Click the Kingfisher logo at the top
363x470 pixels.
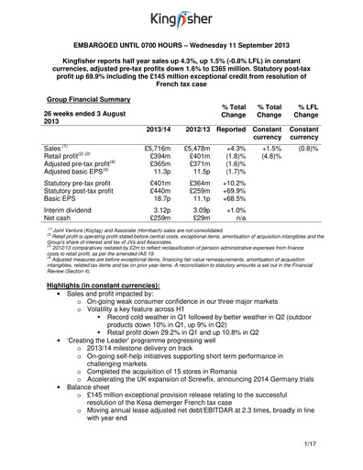182,17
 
